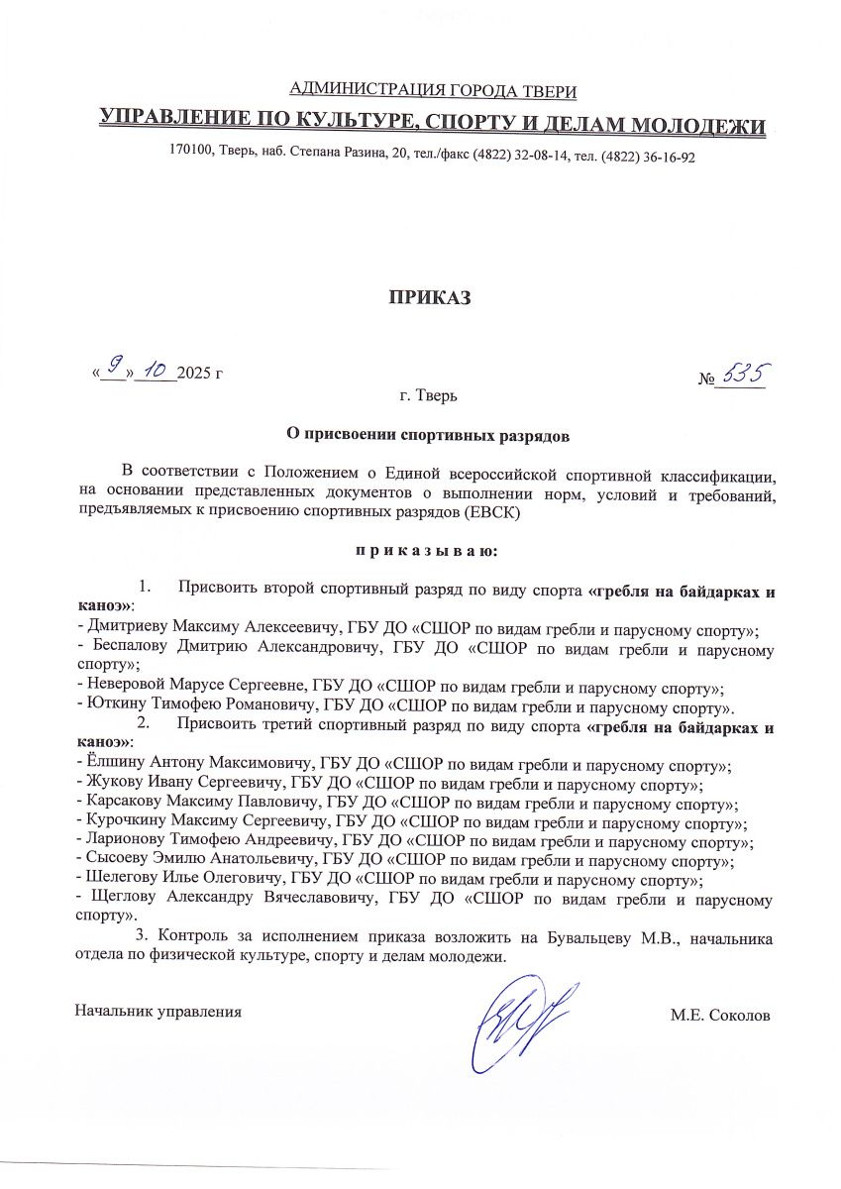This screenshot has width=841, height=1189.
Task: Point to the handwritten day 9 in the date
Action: tap(115, 369)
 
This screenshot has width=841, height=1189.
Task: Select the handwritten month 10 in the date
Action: tap(155, 370)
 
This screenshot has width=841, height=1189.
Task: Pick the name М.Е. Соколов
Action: tap(719, 1015)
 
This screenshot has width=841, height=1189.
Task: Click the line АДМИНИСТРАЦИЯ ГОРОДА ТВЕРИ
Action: tap(431, 92)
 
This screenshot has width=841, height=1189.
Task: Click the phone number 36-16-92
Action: tap(668, 157)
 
